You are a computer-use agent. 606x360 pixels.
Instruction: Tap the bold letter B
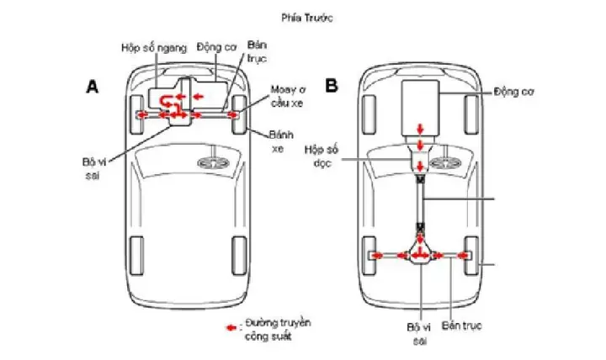[332, 86]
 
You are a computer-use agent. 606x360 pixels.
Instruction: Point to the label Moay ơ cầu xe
[287, 95]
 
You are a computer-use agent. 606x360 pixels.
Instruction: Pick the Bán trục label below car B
[459, 324]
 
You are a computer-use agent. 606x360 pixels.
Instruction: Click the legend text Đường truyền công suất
[269, 330]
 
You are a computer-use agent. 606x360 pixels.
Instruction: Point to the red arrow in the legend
[230, 324]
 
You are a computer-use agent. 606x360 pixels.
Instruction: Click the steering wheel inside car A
[210, 162]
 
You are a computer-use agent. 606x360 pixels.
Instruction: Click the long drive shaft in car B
[421, 202]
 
